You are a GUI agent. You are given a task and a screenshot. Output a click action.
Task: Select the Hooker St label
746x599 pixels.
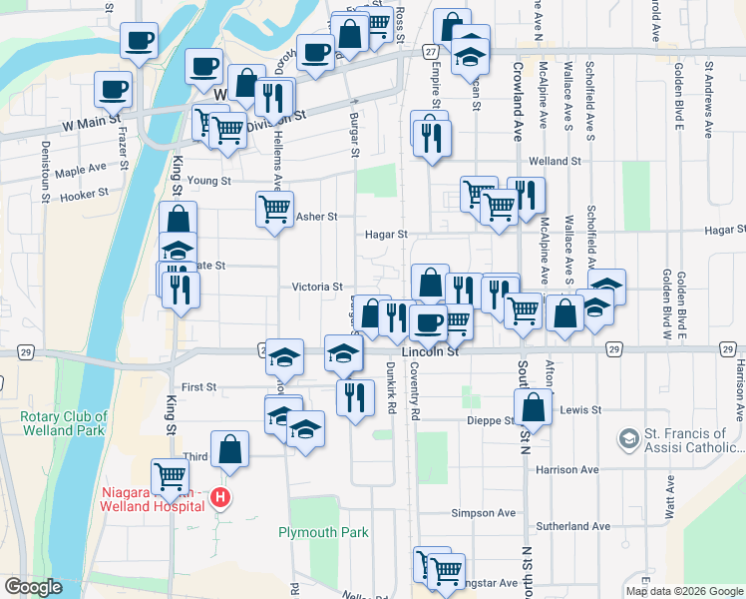point(84,196)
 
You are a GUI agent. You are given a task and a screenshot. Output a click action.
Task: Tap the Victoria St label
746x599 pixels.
point(317,287)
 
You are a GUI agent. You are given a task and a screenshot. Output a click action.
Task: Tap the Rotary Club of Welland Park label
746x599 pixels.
point(64,423)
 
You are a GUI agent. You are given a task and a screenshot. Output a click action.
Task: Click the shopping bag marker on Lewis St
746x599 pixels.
point(535,407)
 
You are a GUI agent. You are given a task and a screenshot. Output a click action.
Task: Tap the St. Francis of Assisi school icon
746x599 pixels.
point(628,438)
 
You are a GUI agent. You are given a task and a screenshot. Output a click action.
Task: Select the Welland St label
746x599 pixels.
point(555,161)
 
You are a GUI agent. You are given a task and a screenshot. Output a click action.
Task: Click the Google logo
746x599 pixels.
point(33,587)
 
